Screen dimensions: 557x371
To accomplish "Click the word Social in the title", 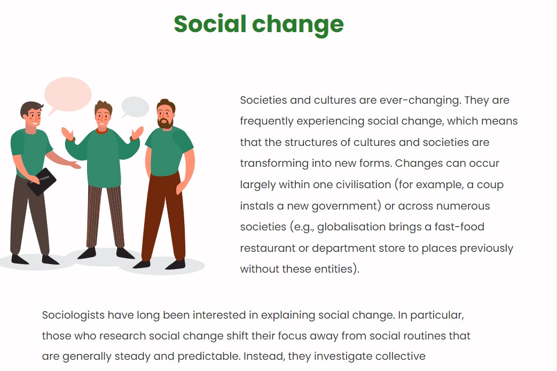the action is tap(210, 24).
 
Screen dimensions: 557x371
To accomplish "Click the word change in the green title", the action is tap(297, 26).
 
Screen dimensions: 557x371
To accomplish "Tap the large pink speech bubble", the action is tap(67, 95).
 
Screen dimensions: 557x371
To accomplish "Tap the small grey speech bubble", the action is tap(135, 107).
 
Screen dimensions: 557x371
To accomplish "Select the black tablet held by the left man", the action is tap(42, 182).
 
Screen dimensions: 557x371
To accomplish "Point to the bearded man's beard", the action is tap(165, 123).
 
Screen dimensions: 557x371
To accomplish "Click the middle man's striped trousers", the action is tap(106, 217).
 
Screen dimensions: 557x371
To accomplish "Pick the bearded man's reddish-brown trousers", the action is tap(164, 217).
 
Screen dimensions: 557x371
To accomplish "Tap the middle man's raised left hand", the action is tap(137, 133).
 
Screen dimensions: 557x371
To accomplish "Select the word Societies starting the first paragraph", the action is tap(263, 100).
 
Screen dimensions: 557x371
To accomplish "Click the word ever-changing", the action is tap(420, 101).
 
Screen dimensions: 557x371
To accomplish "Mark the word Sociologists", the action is tap(73, 315).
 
